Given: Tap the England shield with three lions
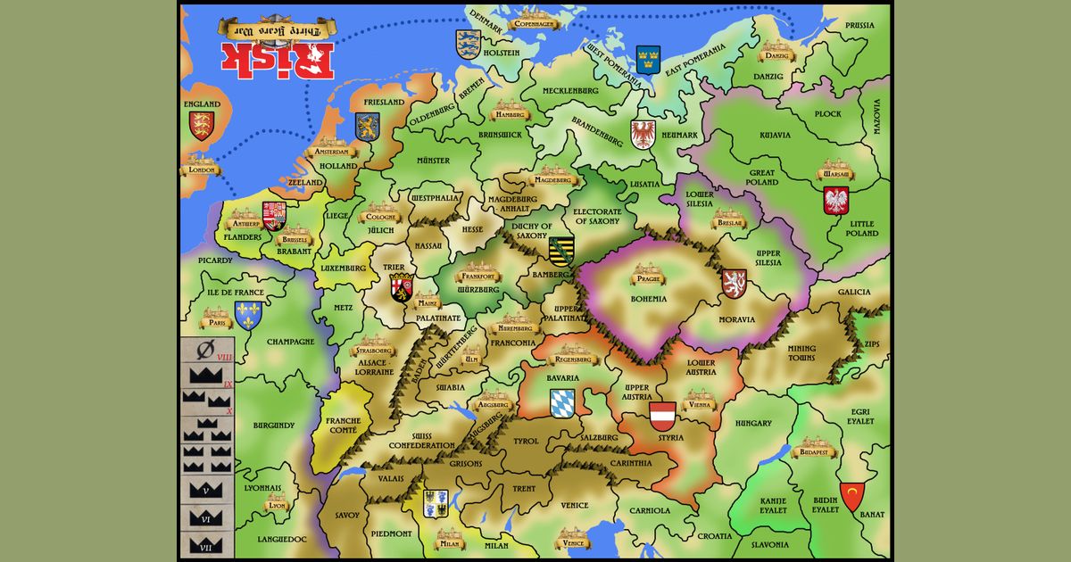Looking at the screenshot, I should pos(203,125).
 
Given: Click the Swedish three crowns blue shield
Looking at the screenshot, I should pos(648,59).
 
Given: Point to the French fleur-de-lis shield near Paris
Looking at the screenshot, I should pos(248,314).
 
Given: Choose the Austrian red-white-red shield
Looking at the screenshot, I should pos(662,416).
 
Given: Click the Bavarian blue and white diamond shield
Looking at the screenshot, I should pos(563,402).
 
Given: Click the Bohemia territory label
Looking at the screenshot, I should pos(649,299).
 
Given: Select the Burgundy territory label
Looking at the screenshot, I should pos(273,426).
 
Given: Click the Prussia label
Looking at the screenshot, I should pos(859,25).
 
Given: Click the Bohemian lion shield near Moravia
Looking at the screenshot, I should pos(735,283).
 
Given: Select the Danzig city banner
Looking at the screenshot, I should pos(775,51).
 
